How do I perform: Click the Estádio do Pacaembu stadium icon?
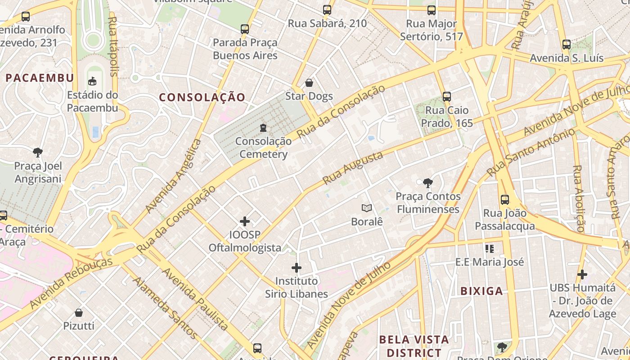92,81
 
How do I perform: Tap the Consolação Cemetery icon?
263,128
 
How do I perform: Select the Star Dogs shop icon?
309,83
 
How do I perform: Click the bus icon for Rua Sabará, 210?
327,9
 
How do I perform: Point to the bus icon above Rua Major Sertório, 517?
432,10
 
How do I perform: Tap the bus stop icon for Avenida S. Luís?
567,45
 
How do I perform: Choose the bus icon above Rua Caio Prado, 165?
447,96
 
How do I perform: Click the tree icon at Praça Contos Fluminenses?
428,183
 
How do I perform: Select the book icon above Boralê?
367,208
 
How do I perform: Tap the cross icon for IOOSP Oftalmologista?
245,221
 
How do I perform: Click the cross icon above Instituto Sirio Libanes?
296,268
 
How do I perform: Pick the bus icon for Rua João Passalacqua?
505,199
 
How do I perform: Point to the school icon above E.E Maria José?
490,248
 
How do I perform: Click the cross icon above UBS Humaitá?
582,274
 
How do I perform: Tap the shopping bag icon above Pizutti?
79,312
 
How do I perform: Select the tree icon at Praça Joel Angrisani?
38,152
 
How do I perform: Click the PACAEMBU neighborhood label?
40,78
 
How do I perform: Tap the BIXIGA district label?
481,291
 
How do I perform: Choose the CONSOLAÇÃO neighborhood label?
202,97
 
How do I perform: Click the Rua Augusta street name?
353,167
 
